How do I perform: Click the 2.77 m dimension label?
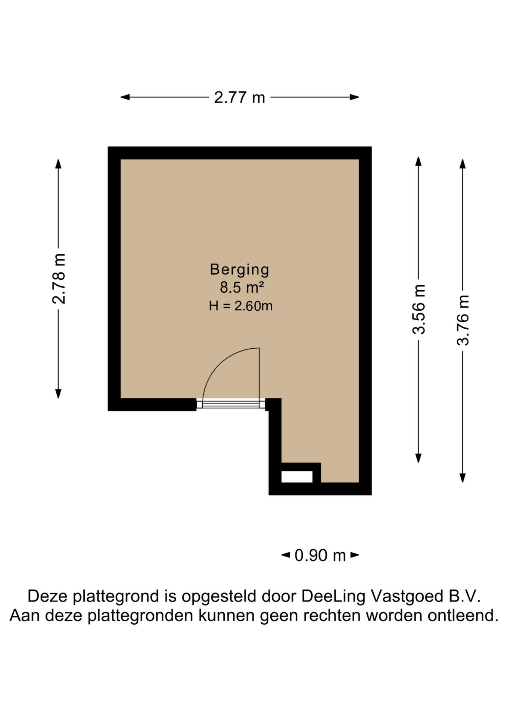click(239, 98)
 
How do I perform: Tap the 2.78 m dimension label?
click(59, 279)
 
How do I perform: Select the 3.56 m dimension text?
click(419, 309)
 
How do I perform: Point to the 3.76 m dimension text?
click(463, 320)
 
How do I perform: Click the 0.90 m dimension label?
click(320, 555)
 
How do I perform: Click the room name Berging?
click(239, 270)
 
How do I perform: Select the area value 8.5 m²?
click(242, 288)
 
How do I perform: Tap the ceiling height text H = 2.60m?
click(240, 306)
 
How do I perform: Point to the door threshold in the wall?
click(231, 404)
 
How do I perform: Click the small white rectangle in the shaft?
click(297, 477)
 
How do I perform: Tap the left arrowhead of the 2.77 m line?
click(125, 97)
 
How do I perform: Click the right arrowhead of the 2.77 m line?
click(354, 97)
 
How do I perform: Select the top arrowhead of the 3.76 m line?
click(463, 164)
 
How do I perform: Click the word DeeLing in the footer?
click(333, 596)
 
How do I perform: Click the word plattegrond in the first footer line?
click(116, 596)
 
